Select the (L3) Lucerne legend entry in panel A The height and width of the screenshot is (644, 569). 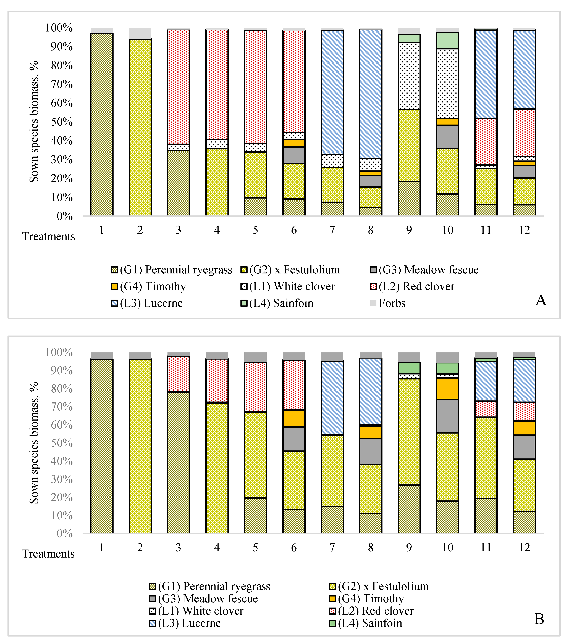[151, 303]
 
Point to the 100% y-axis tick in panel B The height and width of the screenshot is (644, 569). [59, 352]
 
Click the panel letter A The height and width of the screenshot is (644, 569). [541, 300]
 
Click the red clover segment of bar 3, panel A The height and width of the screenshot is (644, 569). [178, 87]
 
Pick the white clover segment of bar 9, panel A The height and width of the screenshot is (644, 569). [409, 76]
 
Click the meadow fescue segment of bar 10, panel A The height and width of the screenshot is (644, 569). [447, 136]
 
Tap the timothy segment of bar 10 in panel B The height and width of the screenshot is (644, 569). [447, 389]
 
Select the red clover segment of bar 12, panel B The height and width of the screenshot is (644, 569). [524, 411]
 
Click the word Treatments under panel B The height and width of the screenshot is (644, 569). [48, 554]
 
